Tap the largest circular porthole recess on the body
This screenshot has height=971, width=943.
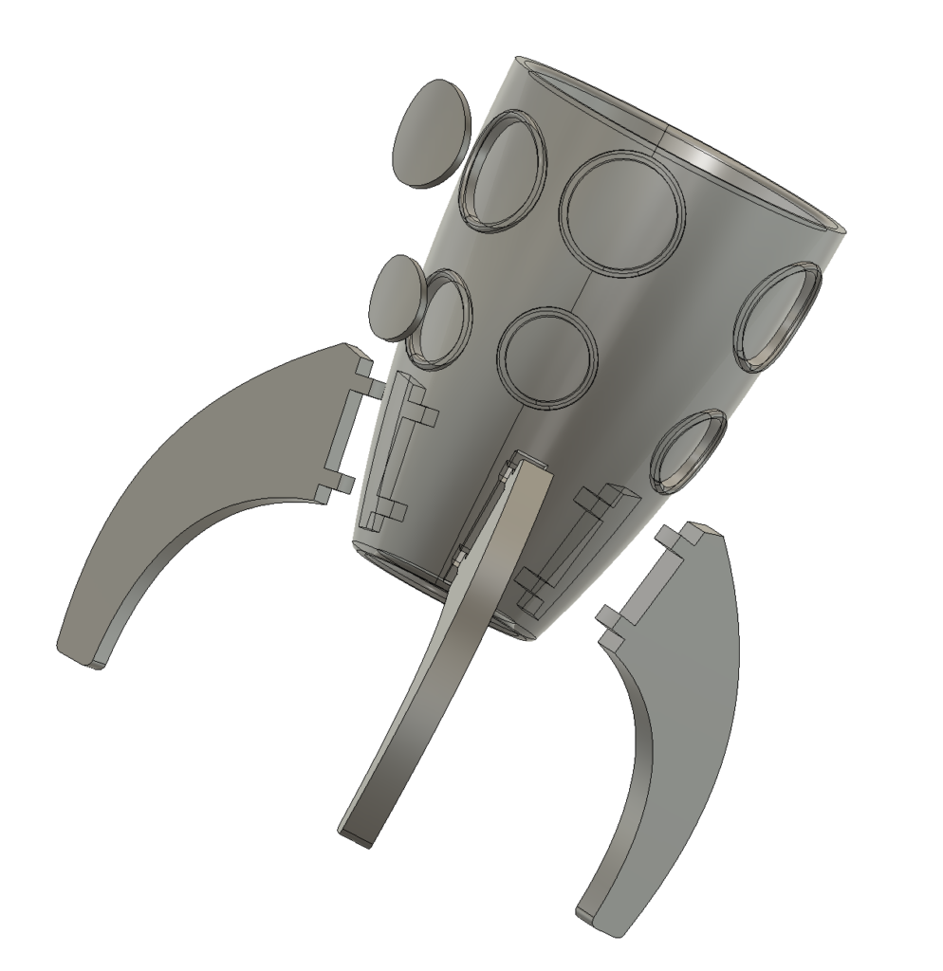pos(622,212)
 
